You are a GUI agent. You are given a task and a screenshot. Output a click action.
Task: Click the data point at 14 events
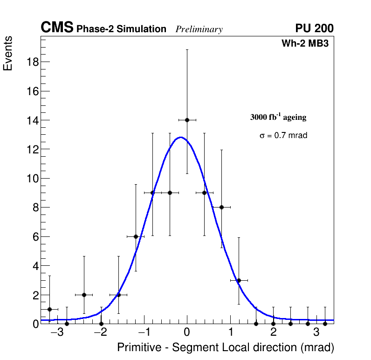click(187, 120)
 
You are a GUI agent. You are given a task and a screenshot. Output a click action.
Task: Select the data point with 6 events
click(136, 236)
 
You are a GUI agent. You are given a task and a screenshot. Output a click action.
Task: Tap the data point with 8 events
click(221, 207)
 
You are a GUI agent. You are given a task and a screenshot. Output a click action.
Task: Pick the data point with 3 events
click(239, 280)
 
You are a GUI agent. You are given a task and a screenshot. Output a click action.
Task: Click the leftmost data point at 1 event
click(49, 309)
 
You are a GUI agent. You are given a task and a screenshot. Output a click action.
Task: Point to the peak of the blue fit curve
click(180, 138)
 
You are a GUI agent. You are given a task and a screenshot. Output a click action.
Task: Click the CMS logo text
click(57, 28)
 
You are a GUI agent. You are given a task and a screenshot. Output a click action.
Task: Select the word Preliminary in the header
click(199, 29)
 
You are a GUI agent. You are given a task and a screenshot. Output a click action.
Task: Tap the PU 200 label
click(314, 28)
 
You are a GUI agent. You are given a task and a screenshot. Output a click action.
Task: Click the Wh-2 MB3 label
click(308, 44)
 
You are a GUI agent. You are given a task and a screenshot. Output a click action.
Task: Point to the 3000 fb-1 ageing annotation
click(278, 117)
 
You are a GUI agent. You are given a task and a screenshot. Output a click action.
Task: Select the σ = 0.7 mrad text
click(283, 136)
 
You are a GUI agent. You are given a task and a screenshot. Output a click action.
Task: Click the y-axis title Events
click(8, 53)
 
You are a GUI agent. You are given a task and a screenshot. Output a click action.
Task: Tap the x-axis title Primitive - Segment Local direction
click(226, 347)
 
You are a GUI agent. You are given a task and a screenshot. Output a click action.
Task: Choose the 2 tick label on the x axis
click(273, 332)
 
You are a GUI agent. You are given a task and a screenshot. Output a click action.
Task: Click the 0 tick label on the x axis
click(187, 332)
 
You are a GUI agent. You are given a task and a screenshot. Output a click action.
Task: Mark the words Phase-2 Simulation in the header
click(121, 29)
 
